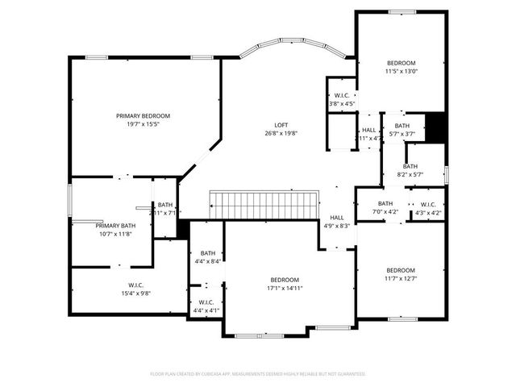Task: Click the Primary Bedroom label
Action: click(143, 116)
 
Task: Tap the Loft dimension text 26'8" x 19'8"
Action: click(281, 134)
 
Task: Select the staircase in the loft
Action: click(261, 205)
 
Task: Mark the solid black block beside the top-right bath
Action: click(435, 127)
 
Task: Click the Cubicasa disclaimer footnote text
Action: click(258, 374)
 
